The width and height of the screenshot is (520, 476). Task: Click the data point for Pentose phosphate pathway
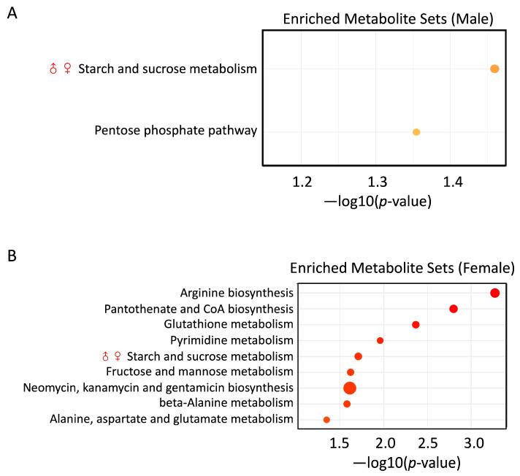tap(416, 132)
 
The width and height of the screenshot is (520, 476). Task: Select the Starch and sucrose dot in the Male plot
tap(494, 69)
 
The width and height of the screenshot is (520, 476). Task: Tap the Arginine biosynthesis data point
tap(494, 293)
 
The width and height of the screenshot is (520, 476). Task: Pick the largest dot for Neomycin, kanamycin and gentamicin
tap(349, 388)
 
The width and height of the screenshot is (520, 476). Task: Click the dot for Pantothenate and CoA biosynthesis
tap(453, 309)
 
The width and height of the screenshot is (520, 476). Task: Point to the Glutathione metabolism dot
tap(416, 324)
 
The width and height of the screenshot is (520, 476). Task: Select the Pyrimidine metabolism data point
tap(380, 340)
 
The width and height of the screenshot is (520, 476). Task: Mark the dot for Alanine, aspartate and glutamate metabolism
tap(326, 420)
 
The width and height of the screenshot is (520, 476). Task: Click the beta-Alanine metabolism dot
tap(347, 404)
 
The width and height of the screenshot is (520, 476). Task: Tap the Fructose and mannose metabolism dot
tap(351, 372)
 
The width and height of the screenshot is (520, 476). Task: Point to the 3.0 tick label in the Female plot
tap(475, 443)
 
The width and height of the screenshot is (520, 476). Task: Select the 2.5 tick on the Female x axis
tap(429, 443)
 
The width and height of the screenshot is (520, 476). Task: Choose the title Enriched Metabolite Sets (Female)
tap(402, 268)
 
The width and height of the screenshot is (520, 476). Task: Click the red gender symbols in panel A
tap(60, 69)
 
